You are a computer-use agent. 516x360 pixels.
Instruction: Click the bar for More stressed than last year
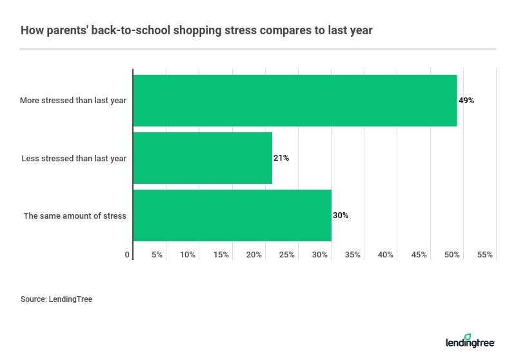click(295, 101)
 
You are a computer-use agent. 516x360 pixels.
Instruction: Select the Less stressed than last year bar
click(203, 158)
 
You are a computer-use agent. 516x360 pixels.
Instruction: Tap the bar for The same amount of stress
click(232, 215)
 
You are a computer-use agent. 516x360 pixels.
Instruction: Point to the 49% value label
click(466, 101)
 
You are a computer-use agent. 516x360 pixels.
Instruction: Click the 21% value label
click(281, 158)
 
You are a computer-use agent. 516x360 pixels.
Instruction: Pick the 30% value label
click(341, 215)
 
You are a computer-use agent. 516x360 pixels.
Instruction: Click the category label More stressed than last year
click(74, 101)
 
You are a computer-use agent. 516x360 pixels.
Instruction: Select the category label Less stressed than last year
click(74, 158)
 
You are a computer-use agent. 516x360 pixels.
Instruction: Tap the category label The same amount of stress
click(75, 215)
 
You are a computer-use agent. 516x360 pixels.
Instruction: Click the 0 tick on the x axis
click(128, 255)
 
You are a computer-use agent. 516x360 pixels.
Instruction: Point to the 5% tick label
click(157, 255)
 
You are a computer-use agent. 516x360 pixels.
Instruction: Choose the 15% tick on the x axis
click(221, 255)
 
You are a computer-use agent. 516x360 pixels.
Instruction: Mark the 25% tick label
click(287, 255)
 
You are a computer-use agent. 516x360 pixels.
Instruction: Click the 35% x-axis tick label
click(353, 255)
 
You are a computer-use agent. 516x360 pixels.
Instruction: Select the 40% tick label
click(386, 255)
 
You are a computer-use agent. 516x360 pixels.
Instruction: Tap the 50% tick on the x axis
click(452, 255)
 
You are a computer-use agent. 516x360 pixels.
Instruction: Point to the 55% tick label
click(485, 255)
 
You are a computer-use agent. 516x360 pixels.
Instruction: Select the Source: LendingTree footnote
click(57, 299)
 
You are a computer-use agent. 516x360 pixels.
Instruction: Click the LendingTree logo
click(470, 341)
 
